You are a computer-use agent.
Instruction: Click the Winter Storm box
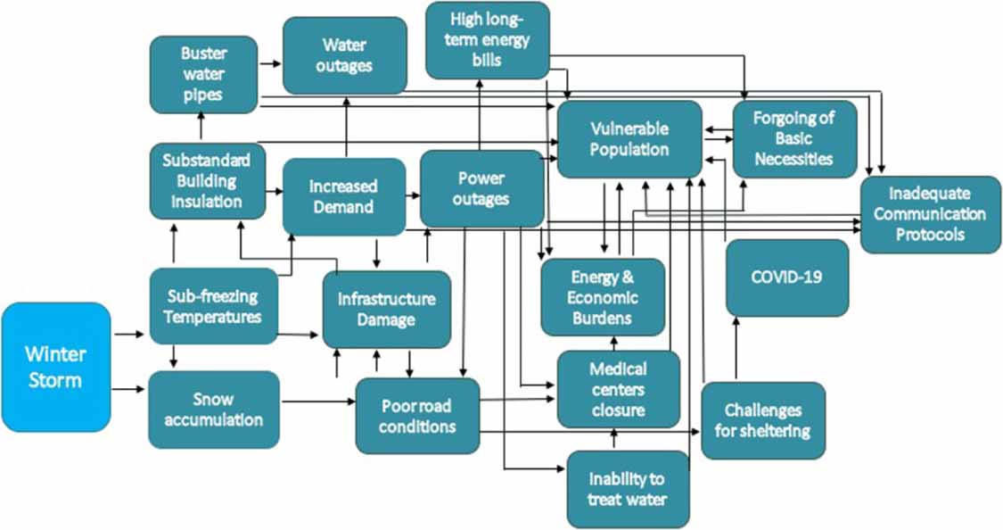click(x=55, y=367)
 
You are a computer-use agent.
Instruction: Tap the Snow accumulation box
click(x=213, y=410)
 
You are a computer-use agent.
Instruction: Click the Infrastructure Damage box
click(x=385, y=309)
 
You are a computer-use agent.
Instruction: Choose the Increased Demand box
click(x=343, y=197)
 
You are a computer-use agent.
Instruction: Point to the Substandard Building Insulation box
click(x=207, y=180)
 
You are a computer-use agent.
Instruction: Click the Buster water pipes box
click(x=203, y=74)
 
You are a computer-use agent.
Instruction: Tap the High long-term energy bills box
click(x=487, y=39)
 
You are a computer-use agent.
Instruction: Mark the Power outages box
click(x=481, y=187)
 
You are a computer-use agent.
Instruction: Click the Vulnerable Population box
click(x=629, y=139)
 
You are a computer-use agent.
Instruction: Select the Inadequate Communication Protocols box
click(x=930, y=214)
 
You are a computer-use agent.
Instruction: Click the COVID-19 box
click(x=786, y=277)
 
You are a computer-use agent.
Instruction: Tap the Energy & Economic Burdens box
click(x=603, y=296)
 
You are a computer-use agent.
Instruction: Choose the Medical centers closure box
click(x=618, y=389)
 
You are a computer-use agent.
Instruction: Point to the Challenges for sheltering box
click(x=762, y=420)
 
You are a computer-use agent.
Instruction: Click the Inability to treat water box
click(x=628, y=488)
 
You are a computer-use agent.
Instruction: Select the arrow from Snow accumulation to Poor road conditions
click(x=317, y=402)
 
